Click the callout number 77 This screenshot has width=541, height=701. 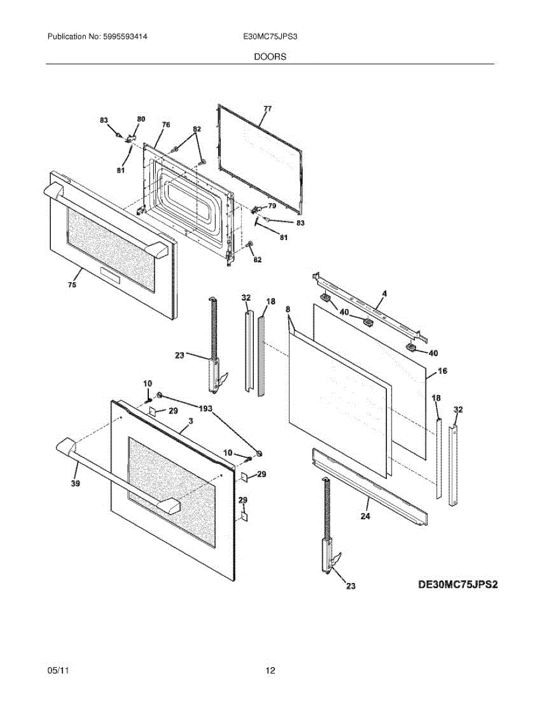(x=267, y=109)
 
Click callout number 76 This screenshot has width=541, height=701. (x=166, y=124)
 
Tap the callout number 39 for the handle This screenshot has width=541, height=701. (x=75, y=483)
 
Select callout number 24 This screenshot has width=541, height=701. (x=365, y=516)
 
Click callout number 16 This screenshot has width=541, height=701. (x=442, y=371)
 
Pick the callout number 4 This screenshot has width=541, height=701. (x=384, y=292)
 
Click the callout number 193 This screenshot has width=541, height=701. (x=205, y=408)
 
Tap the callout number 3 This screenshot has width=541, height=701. (x=190, y=421)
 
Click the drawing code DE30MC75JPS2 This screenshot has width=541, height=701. (x=458, y=584)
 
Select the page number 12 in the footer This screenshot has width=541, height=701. (x=270, y=671)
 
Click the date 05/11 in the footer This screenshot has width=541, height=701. (x=58, y=671)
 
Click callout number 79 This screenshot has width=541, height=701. (x=272, y=206)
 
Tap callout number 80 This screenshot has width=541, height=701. (x=141, y=119)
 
